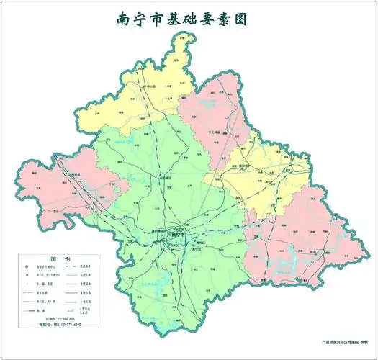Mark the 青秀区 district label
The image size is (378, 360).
click(x=191, y=243)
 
